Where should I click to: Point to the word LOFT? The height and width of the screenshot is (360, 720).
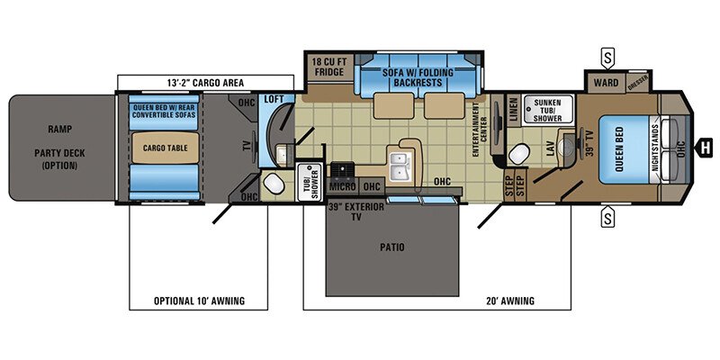click(273, 99)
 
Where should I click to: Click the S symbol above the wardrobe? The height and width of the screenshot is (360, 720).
click(608, 55)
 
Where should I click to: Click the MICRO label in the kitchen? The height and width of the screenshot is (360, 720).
click(340, 186)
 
